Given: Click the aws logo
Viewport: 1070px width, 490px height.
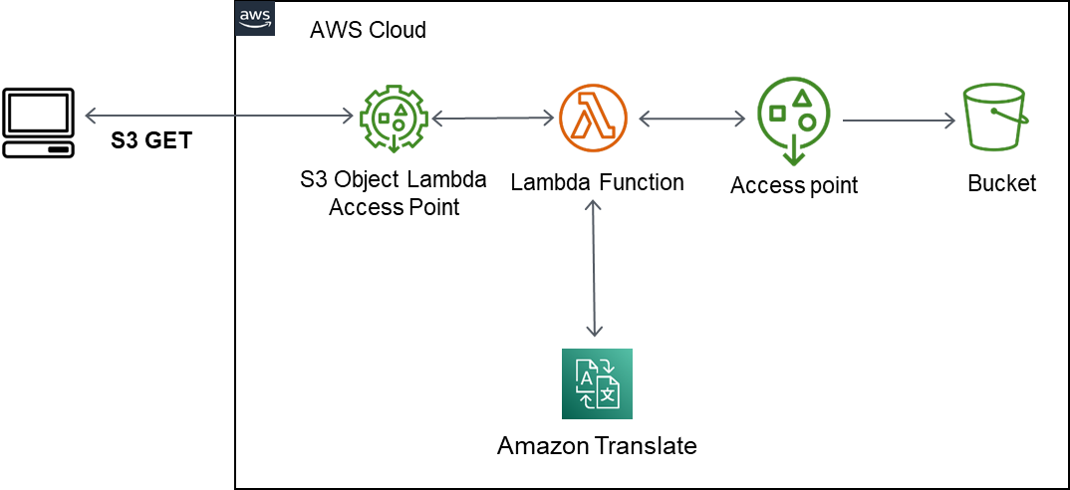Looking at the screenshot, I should point(254,19).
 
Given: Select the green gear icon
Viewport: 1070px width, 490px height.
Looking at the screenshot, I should point(394,119).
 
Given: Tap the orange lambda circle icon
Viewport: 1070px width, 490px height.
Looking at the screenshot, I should point(594,119).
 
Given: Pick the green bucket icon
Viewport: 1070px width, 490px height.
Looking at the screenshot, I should point(994,118).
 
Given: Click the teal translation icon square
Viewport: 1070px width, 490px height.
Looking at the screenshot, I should point(597,383).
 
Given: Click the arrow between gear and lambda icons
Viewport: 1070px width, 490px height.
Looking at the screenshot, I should point(493,119).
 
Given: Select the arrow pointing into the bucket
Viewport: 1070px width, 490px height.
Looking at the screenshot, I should point(899,122).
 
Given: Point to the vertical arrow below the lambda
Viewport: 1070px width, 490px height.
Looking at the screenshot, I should point(594,267).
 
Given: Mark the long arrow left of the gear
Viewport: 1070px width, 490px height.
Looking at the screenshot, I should point(219,117).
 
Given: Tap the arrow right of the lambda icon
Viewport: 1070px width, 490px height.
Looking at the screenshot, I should point(691,120).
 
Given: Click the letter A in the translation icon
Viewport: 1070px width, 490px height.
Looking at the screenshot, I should point(586,377).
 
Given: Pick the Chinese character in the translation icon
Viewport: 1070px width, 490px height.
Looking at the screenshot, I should point(608,393).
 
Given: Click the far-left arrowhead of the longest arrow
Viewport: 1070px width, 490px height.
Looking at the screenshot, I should point(89,117).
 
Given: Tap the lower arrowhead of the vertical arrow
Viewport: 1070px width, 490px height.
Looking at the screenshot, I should point(595,332).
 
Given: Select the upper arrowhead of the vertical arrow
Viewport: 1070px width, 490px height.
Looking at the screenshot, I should point(594,204).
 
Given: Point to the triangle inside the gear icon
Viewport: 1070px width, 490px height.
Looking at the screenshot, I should point(400,107).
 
